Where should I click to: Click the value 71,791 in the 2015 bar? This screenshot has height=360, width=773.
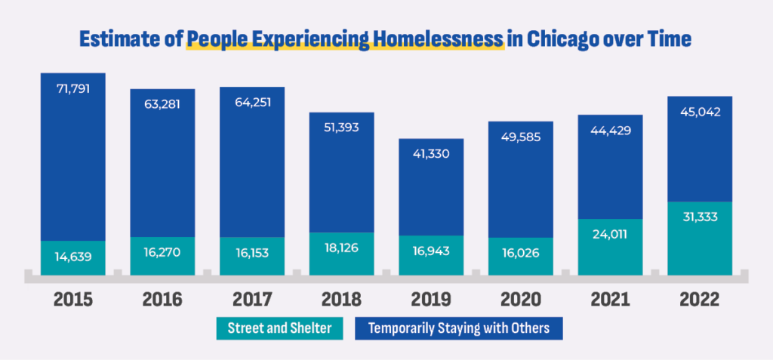(73, 89)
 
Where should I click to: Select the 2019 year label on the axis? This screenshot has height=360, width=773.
(431, 300)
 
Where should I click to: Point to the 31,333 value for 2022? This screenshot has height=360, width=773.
(699, 217)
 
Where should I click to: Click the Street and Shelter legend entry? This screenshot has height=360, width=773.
(276, 329)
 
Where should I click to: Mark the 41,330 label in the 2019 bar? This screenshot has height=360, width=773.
(431, 154)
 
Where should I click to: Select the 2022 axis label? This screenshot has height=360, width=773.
(699, 300)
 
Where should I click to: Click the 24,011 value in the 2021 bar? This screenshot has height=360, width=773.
(610, 234)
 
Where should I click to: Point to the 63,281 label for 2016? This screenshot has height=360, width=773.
(162, 103)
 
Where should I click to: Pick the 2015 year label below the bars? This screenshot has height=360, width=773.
(73, 300)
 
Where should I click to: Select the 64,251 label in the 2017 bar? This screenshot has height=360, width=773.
(252, 103)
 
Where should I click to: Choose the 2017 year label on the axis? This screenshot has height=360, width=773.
(252, 300)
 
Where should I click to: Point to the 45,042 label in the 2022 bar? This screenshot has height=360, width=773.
(699, 112)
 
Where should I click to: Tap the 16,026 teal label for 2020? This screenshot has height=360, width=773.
(521, 252)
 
